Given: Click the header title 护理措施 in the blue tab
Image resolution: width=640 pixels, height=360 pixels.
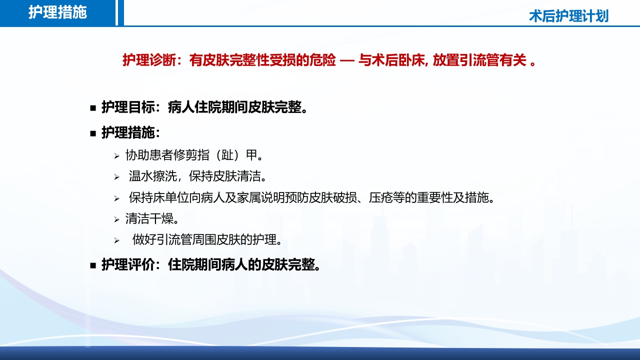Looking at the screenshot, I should tap(57, 12).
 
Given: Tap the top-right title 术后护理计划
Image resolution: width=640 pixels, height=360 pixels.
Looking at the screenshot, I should tap(568, 16).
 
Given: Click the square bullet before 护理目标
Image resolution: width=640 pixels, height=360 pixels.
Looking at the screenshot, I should tap(93, 107).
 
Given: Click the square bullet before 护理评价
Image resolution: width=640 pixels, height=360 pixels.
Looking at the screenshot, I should tap(93, 265).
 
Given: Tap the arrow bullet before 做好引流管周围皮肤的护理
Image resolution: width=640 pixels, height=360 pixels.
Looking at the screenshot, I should tap(116, 241).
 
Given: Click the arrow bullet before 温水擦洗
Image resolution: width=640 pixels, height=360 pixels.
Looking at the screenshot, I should tap(116, 177).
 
